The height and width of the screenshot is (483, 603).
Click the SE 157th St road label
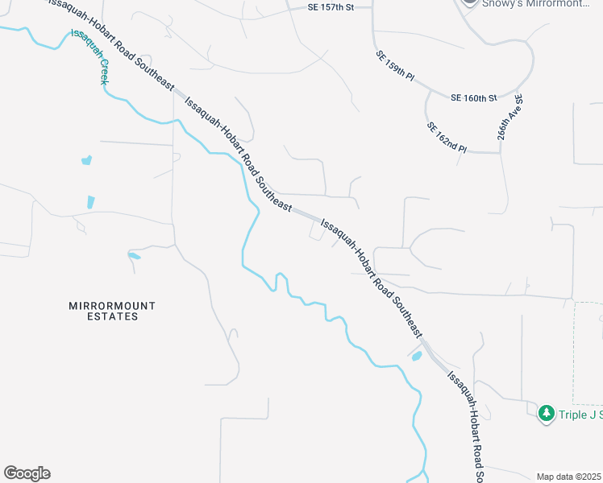click(332, 7)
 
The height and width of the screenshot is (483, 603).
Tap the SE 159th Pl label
click(394, 67)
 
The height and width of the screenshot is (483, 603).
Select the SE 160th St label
click(474, 98)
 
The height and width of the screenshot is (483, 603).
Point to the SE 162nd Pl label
click(446, 138)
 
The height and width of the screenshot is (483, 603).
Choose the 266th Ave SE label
click(510, 118)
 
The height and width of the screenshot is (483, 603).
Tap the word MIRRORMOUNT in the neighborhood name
click(111, 306)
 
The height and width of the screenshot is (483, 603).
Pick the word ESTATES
click(111, 317)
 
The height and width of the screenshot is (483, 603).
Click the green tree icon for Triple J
click(546, 413)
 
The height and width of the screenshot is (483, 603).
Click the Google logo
click(27, 473)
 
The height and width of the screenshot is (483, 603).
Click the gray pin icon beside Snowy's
click(469, 2)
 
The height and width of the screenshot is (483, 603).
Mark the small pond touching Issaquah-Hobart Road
click(417, 357)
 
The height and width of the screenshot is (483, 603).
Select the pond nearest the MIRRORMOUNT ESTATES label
click(134, 257)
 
